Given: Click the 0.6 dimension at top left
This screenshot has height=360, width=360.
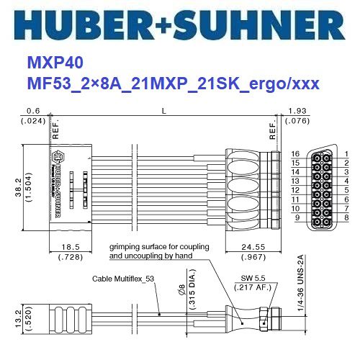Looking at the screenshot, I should (32, 110).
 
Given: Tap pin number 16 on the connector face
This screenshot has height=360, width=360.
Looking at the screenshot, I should (294, 154).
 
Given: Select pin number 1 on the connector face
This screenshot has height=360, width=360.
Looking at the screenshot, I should (346, 154).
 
